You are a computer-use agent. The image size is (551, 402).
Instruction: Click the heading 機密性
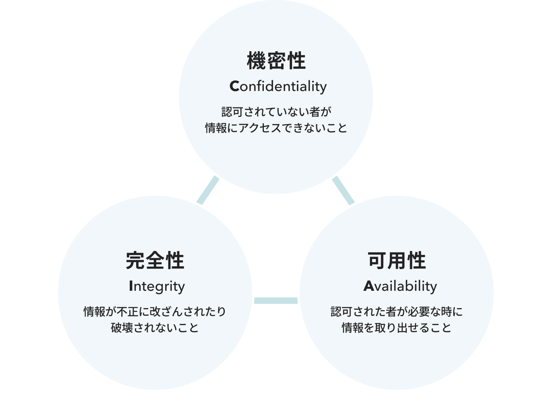point(276,61)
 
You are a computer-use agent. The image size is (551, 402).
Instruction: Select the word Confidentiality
point(278,86)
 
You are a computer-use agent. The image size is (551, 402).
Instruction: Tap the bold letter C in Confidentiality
point(234,86)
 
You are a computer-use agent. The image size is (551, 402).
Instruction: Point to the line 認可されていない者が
point(276,111)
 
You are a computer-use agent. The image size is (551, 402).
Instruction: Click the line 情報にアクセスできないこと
point(276,128)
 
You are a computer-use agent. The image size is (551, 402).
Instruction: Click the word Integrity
point(157,286)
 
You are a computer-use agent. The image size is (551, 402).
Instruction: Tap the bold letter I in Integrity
point(131,286)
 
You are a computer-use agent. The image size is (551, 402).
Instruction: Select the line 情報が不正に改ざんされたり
point(155,311)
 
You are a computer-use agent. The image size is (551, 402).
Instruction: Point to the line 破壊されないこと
point(155,327)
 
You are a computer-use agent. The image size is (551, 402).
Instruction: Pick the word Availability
point(400,286)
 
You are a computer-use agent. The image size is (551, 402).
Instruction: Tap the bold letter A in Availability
point(369,286)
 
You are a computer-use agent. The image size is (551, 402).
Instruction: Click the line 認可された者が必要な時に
point(397,311)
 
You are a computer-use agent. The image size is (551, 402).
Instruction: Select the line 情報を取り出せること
point(397,327)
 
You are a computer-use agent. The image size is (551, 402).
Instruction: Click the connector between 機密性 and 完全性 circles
point(208,190)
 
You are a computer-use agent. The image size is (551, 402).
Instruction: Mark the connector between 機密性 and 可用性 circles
point(343,190)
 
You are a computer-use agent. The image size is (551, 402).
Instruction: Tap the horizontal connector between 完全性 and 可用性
point(276,300)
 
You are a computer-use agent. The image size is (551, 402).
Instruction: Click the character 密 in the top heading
point(276,61)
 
